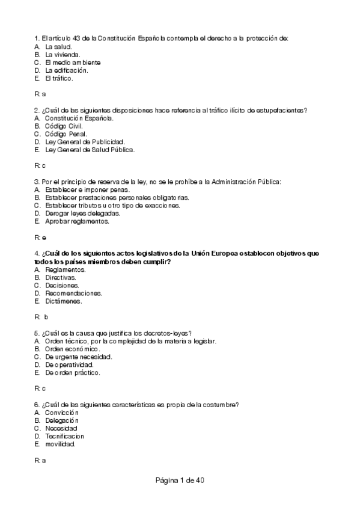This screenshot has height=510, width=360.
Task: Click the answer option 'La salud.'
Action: click(x=58, y=46)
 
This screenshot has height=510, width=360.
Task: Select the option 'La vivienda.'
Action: click(x=63, y=54)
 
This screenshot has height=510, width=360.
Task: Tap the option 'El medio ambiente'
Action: click(x=72, y=62)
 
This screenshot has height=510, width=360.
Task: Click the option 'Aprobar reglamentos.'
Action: click(x=77, y=221)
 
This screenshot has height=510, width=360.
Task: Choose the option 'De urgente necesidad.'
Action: click(x=79, y=357)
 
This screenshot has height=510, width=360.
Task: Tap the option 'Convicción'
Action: click(x=62, y=413)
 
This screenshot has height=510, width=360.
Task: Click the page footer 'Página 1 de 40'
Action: click(x=180, y=481)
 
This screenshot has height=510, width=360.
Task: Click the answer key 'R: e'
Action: click(x=40, y=237)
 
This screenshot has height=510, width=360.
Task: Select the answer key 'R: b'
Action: click(x=41, y=316)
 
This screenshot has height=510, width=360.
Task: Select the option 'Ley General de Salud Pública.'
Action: click(x=90, y=149)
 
